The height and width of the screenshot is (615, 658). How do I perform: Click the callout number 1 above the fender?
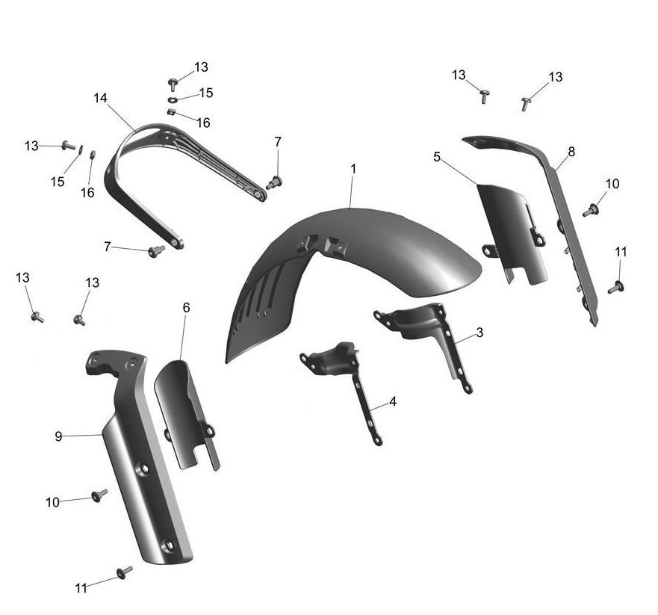(x=353, y=169)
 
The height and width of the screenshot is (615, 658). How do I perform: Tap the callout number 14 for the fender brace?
(x=100, y=98)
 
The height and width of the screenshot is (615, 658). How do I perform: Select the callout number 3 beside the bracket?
(x=479, y=333)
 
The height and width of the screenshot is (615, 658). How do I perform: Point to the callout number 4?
(x=393, y=401)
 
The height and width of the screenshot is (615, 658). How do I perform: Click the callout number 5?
(x=437, y=157)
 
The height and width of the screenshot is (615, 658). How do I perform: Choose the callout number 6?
(x=186, y=308)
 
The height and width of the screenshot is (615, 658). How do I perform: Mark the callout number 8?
(x=571, y=152)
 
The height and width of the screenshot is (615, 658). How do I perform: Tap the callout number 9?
(x=58, y=436)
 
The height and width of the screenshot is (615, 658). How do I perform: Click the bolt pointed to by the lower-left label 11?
(x=125, y=572)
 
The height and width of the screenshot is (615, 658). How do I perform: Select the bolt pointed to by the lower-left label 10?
(x=99, y=495)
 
